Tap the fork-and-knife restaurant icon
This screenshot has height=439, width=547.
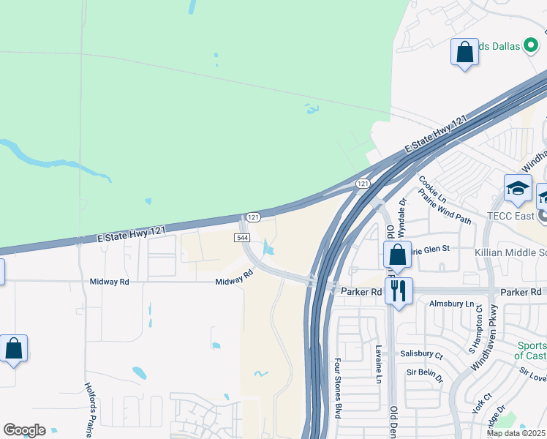click(x=399, y=290)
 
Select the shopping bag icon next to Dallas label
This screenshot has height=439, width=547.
click(x=464, y=52)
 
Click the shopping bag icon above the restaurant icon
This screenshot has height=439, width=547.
click(x=397, y=255)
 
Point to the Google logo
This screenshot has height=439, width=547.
click(x=24, y=430)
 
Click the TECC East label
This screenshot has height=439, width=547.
click(x=509, y=217)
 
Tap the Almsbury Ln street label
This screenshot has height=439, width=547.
click(x=453, y=303)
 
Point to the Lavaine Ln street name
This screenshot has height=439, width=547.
click(x=379, y=364)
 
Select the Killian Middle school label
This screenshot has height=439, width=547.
click(x=512, y=252)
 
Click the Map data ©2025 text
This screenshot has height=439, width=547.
click(x=515, y=433)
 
